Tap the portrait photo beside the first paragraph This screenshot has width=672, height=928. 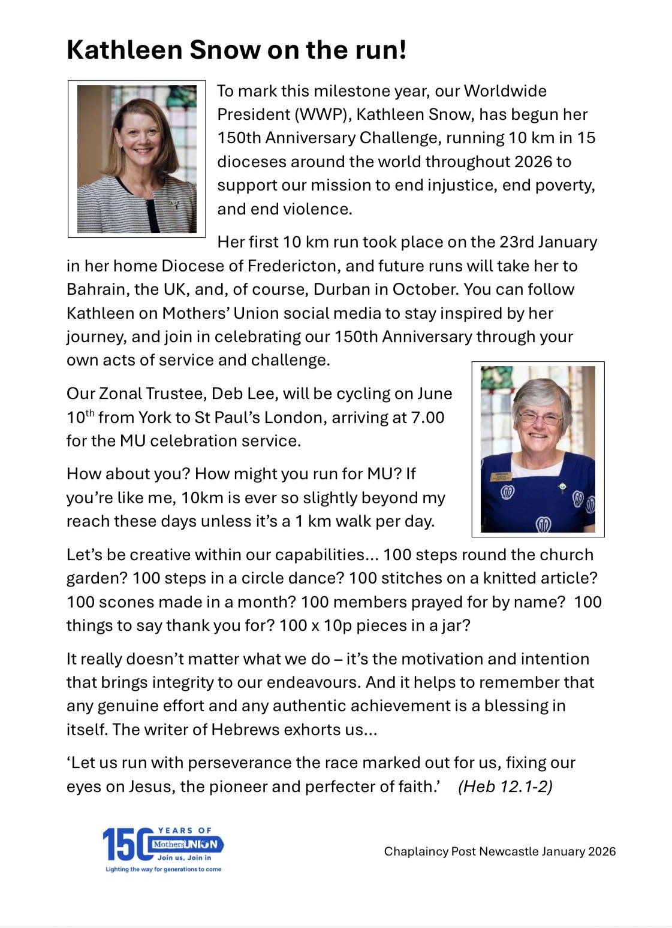[x=137, y=159]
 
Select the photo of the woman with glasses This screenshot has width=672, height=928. [x=538, y=449]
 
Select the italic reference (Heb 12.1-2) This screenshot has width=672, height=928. [x=505, y=787]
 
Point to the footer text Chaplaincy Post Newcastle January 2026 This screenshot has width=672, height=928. [x=499, y=851]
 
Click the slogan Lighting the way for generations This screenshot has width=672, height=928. [x=163, y=869]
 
